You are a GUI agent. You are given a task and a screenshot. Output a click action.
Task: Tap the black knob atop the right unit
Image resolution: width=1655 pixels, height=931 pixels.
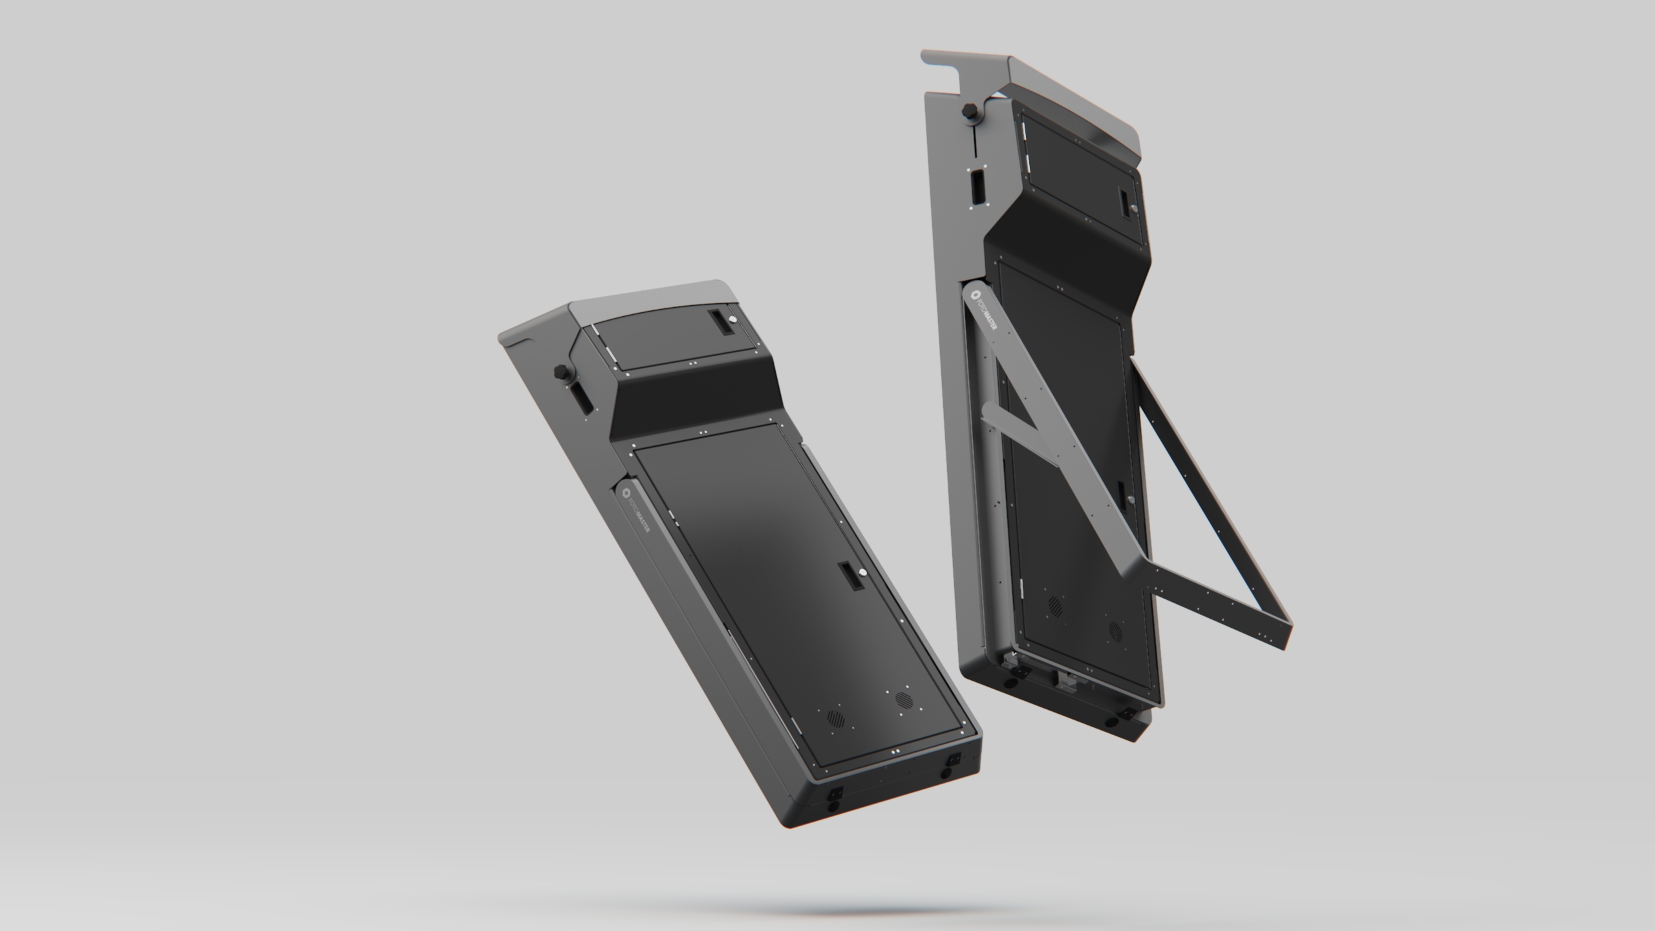[x=969, y=110]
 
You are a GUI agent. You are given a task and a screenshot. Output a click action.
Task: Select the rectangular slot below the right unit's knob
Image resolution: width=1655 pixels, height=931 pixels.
[x=977, y=186]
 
